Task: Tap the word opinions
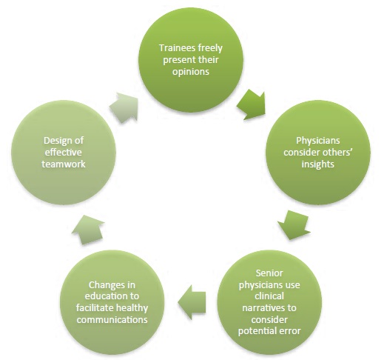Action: click(191, 72)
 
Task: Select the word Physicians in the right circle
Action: click(318, 141)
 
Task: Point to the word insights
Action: click(318, 164)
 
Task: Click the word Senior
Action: click(269, 273)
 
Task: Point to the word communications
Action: click(112, 319)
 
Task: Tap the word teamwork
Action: click(64, 164)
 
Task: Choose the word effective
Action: click(63, 153)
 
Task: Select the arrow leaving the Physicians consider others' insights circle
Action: click(294, 224)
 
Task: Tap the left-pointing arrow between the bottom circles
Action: click(192, 302)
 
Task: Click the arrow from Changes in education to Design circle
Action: click(88, 230)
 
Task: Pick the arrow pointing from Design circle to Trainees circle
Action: click(124, 107)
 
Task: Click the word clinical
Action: click(269, 296)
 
